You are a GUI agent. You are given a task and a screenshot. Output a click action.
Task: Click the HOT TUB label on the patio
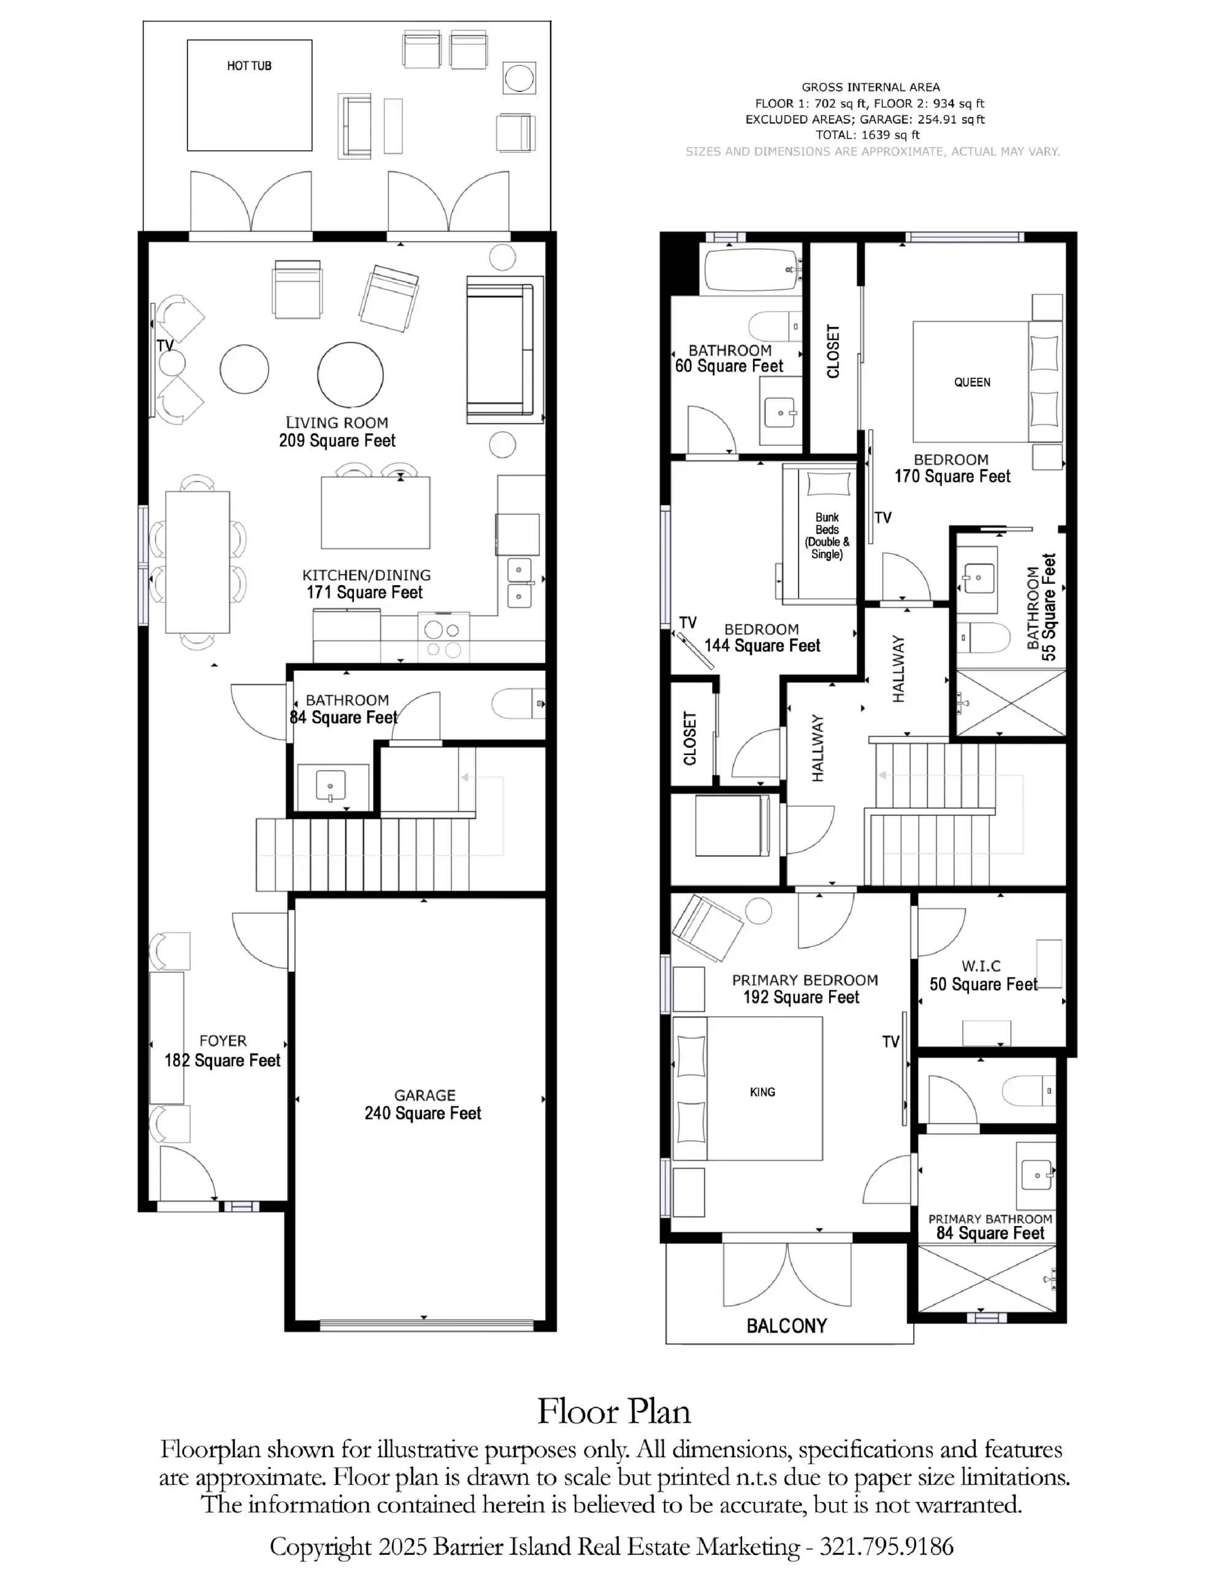point(249,66)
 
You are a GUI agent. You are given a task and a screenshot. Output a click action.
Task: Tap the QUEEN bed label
point(972,383)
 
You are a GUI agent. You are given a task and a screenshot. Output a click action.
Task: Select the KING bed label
point(762,1092)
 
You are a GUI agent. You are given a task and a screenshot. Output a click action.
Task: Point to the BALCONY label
point(787,1325)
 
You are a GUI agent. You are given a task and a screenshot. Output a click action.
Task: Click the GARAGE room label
point(424,1095)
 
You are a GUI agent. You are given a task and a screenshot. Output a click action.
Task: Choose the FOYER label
point(223,1040)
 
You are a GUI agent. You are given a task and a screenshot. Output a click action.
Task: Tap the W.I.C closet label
point(981,966)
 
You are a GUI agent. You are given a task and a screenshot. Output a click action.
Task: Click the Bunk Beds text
point(827,523)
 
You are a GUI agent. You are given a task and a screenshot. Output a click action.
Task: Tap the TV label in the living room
point(165,345)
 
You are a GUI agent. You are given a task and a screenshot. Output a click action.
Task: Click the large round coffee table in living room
point(350,375)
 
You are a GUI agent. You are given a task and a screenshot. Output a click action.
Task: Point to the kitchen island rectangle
point(375,513)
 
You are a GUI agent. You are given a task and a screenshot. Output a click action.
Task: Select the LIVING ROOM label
point(337,423)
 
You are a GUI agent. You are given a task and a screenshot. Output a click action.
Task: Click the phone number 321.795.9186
point(887,1545)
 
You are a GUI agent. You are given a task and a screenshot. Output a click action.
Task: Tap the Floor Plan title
point(614,1411)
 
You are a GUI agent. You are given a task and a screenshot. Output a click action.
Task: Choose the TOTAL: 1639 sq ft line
point(867,134)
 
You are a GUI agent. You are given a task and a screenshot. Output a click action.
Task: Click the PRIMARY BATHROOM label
point(990,1219)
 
